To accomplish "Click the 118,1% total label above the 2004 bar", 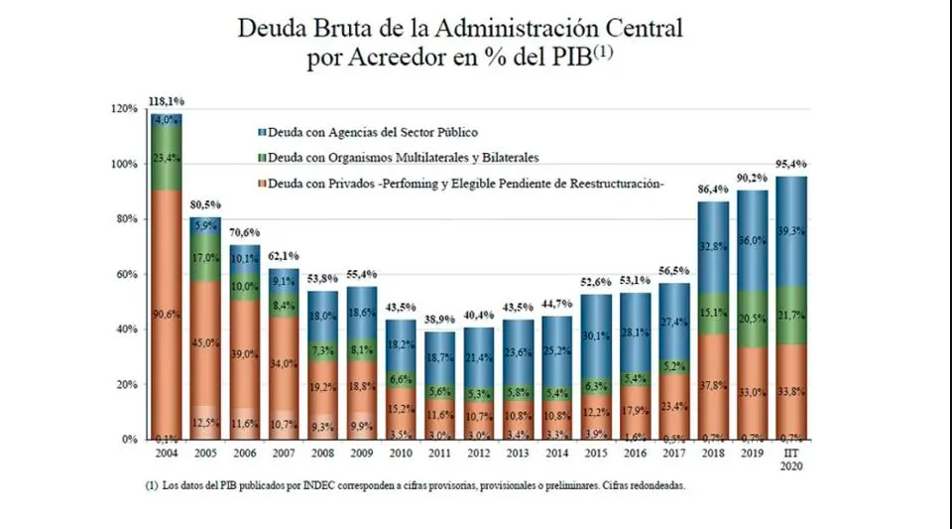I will pyautogui.click(x=166, y=101).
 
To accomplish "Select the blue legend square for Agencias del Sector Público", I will pyautogui.click(x=260, y=131).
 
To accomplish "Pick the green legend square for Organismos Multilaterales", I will pyautogui.click(x=260, y=157).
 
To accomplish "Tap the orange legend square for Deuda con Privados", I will pyautogui.click(x=260, y=184).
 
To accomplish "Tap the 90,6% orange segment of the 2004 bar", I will pyautogui.click(x=166, y=315).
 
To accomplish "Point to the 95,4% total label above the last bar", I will pyautogui.click(x=791, y=165).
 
